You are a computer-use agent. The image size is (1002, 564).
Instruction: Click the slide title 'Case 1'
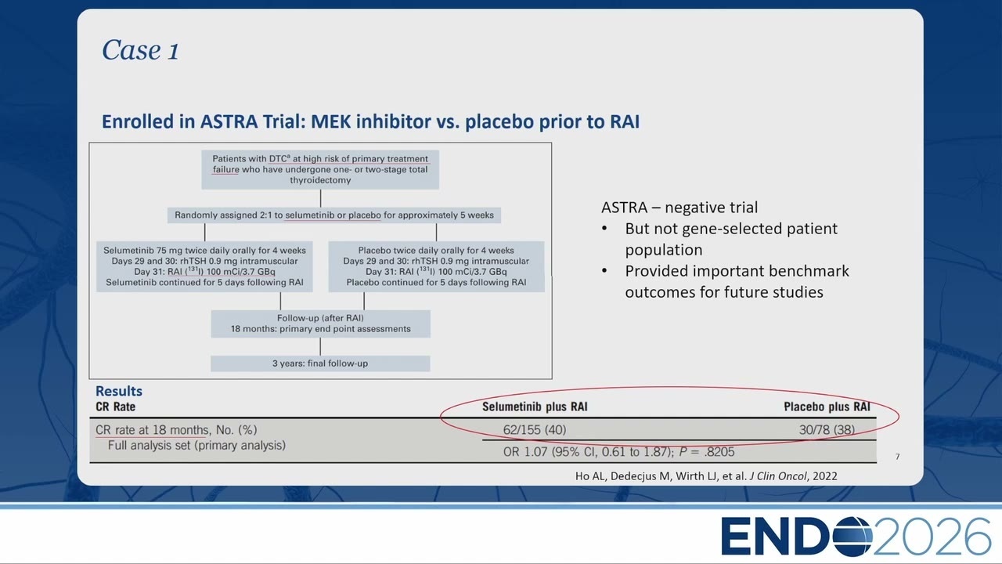pyautogui.click(x=140, y=49)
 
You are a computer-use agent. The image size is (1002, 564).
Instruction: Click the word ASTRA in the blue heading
pyautogui.click(x=229, y=121)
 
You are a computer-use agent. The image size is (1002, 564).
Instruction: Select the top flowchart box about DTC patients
pyautogui.click(x=320, y=170)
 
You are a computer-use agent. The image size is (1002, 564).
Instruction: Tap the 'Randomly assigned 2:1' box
pyautogui.click(x=334, y=215)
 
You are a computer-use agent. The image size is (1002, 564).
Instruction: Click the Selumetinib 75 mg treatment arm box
pyautogui.click(x=204, y=267)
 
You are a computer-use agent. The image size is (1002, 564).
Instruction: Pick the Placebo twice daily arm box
pyautogui.click(x=436, y=267)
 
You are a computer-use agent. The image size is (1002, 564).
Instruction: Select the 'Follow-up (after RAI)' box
pyautogui.click(x=320, y=324)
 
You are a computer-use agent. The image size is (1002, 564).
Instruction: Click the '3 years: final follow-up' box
pyautogui.click(x=320, y=363)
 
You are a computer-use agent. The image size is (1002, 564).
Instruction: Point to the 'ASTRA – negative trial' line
pyautogui.click(x=679, y=208)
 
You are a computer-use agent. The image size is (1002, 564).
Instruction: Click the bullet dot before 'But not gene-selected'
pyautogui.click(x=605, y=228)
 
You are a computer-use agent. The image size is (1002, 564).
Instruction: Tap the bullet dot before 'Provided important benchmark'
pyautogui.click(x=605, y=271)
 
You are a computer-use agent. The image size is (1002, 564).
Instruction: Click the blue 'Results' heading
pyautogui.click(x=119, y=391)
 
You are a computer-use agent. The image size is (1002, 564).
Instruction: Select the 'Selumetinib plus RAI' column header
pyautogui.click(x=535, y=407)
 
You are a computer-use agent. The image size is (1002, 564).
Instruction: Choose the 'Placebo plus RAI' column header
pyautogui.click(x=827, y=407)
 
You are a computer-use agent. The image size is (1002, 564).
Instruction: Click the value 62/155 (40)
pyautogui.click(x=535, y=430)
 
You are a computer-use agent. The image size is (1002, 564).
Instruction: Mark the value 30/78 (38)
pyautogui.click(x=827, y=430)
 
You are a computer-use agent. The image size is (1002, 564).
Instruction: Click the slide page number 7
pyautogui.click(x=897, y=457)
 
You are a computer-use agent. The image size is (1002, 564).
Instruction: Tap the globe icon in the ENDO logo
pyautogui.click(x=852, y=537)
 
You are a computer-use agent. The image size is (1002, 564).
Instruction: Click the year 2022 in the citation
pyautogui.click(x=825, y=475)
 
